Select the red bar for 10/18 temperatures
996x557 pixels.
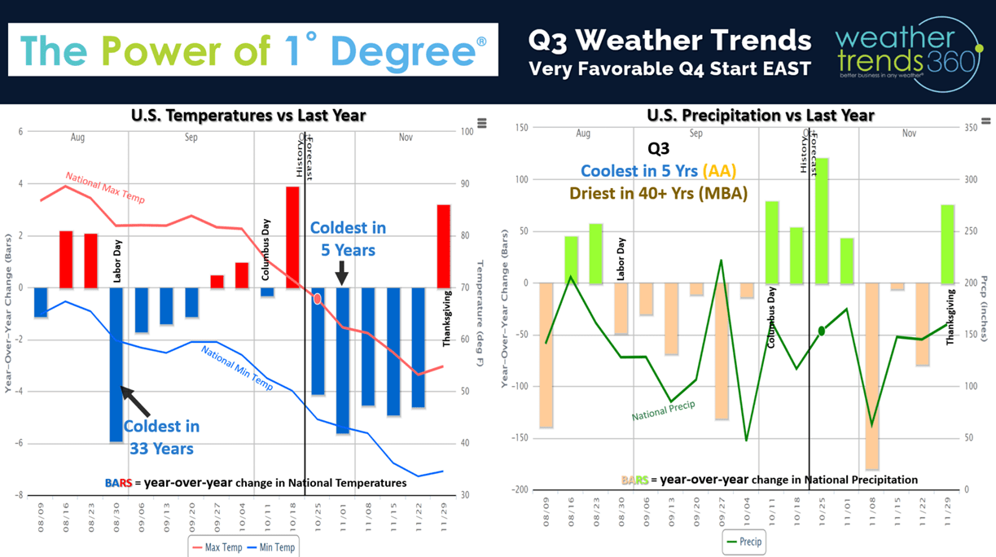pos(292,236)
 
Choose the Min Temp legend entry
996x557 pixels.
pos(273,547)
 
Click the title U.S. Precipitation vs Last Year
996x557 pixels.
pos(760,115)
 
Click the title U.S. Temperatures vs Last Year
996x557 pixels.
pos(248,115)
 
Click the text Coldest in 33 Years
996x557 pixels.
pos(161,437)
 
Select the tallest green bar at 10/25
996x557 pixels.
pos(822,220)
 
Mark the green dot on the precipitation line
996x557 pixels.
pos(822,331)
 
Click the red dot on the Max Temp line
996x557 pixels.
pos(318,299)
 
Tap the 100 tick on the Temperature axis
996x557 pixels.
pos(467,131)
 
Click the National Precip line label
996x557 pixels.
pos(663,410)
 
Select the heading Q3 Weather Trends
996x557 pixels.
pos(669,40)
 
